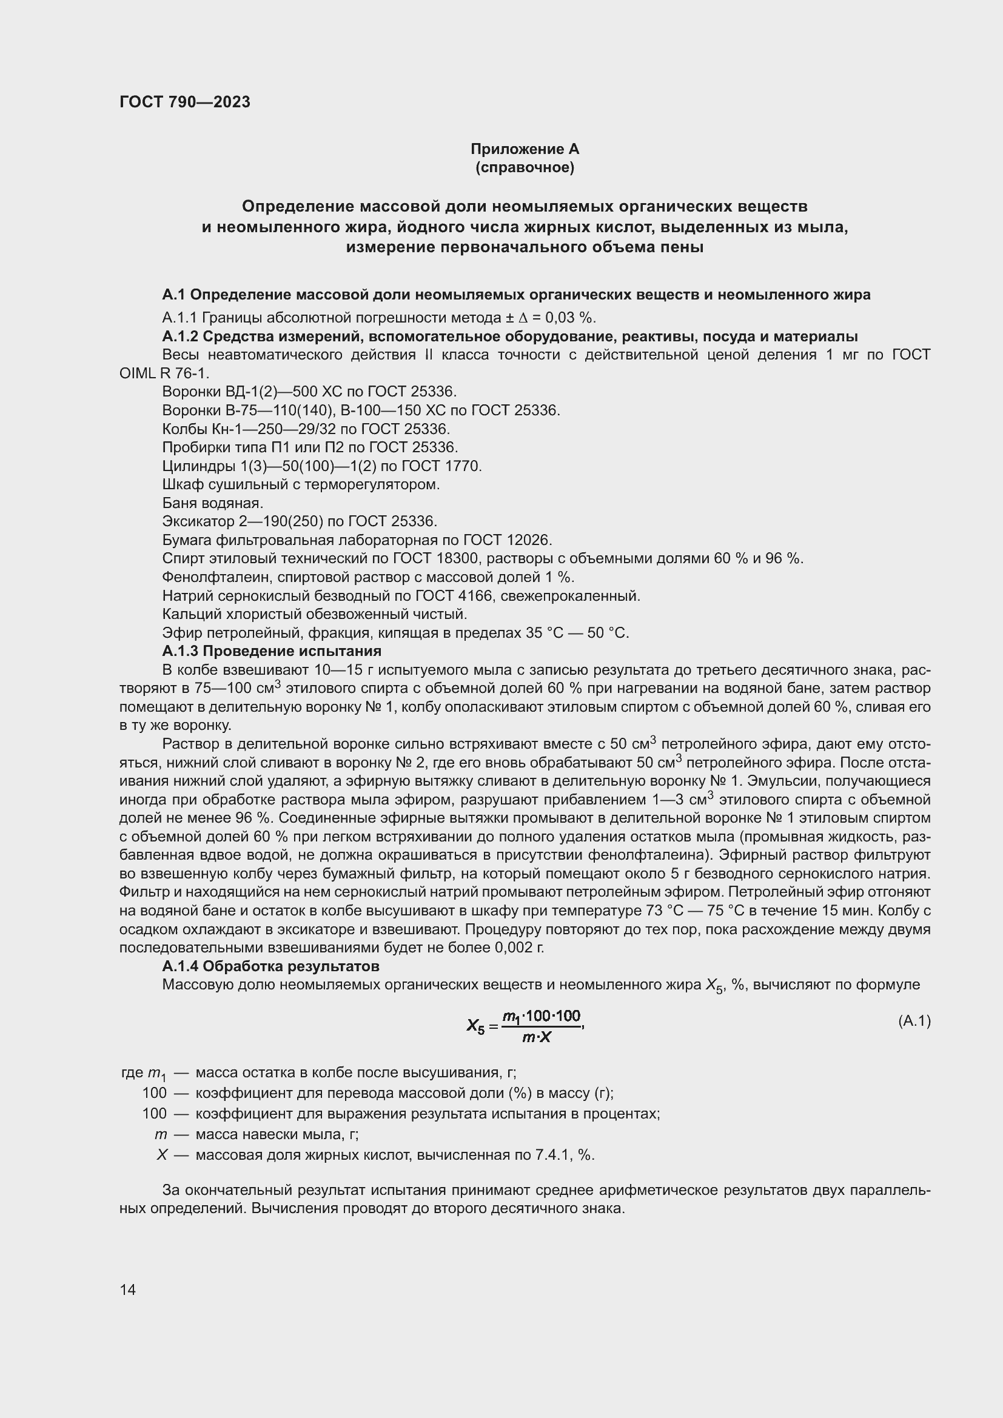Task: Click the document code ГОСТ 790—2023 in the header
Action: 185,102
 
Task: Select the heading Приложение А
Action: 525,149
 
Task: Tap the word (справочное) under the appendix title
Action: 525,167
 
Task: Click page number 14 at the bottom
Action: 128,1289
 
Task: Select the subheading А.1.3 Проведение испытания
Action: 272,651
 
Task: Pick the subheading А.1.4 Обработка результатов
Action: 270,966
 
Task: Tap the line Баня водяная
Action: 212,503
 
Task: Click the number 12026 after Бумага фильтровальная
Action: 528,540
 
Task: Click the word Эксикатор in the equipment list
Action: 198,521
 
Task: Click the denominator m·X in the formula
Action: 536,1037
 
